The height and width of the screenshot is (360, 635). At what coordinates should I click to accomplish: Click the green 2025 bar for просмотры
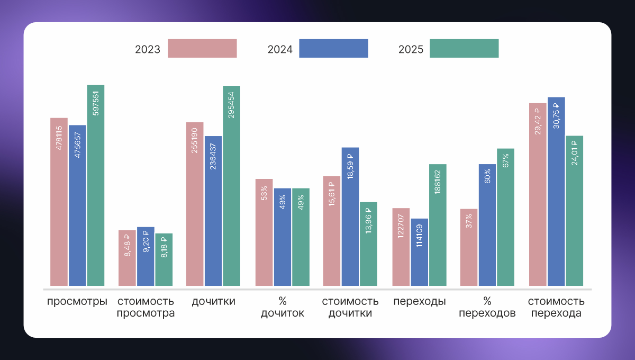pyautogui.click(x=96, y=185)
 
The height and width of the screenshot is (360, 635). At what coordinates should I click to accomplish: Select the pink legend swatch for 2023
pyautogui.click(x=202, y=48)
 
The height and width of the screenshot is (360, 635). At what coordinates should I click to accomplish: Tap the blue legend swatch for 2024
pyautogui.click(x=333, y=48)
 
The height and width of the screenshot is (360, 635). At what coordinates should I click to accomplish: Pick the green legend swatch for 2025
pyautogui.click(x=464, y=48)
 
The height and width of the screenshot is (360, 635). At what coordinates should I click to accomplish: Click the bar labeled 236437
pyautogui.click(x=213, y=212)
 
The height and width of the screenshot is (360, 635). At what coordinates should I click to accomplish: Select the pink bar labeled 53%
pyautogui.click(x=264, y=233)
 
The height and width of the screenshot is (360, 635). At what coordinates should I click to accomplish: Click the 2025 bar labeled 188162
pyautogui.click(x=438, y=225)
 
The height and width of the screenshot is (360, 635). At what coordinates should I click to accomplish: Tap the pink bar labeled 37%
pyautogui.click(x=469, y=248)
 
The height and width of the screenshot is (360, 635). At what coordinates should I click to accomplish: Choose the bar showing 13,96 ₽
pyautogui.click(x=368, y=244)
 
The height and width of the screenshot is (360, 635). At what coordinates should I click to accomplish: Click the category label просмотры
pyautogui.click(x=77, y=302)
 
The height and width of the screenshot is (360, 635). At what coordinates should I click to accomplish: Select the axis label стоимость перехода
pyautogui.click(x=556, y=307)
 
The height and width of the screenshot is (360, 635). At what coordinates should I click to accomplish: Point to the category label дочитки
pyautogui.click(x=214, y=302)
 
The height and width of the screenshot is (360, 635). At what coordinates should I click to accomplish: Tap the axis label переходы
pyautogui.click(x=419, y=302)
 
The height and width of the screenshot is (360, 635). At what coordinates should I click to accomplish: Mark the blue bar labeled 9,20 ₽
pyautogui.click(x=146, y=257)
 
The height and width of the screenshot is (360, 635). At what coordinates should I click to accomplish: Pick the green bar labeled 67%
pyautogui.click(x=505, y=217)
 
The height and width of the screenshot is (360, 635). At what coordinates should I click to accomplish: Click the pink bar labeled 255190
pyautogui.click(x=195, y=204)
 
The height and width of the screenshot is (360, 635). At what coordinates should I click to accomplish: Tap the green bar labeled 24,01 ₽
pyautogui.click(x=574, y=211)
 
